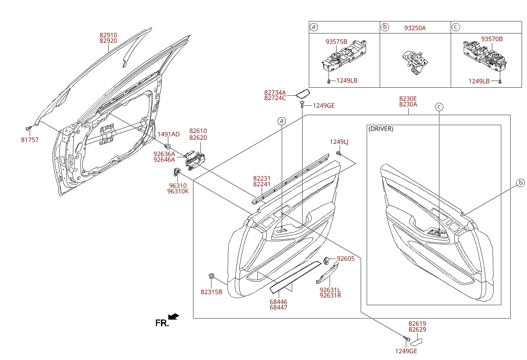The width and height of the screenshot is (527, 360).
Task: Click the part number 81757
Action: [x=30, y=140]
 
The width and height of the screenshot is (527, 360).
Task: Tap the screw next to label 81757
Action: [x=28, y=128]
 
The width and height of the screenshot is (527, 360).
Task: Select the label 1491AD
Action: [x=168, y=134]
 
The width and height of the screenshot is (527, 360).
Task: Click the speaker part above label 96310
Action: [x=177, y=172]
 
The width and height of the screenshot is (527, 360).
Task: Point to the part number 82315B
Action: [x=211, y=292]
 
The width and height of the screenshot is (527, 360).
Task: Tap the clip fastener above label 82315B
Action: [x=211, y=276]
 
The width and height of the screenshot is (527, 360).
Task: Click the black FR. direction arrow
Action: [x=174, y=317]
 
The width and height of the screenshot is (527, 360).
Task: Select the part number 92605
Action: [x=346, y=259]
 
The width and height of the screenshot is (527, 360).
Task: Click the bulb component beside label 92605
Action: [x=326, y=261]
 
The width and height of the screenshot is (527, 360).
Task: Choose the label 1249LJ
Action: [x=339, y=142]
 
